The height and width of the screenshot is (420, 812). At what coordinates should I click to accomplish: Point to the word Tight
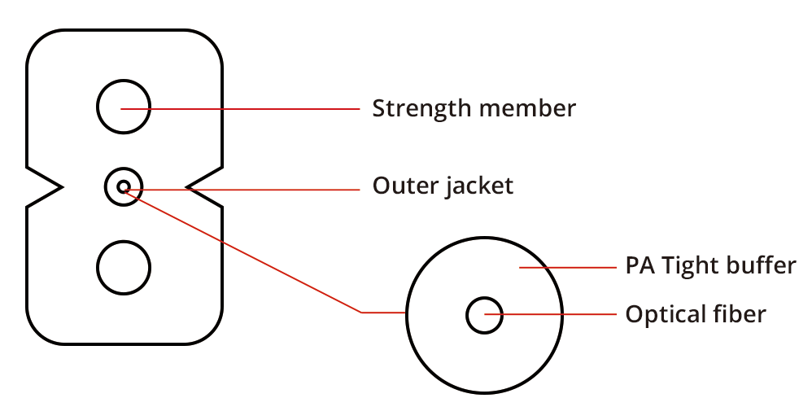click(x=688, y=266)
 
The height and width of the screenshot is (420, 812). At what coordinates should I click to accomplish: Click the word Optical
click(x=661, y=314)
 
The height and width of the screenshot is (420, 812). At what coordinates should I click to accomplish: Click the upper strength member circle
click(x=124, y=107)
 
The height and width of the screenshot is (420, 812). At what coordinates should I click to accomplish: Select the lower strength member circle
click(x=124, y=267)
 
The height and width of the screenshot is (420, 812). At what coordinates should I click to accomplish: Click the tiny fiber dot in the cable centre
click(x=123, y=187)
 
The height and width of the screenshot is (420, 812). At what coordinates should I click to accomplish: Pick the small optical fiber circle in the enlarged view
click(x=484, y=314)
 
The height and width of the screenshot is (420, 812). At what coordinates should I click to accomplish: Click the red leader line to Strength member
click(x=244, y=108)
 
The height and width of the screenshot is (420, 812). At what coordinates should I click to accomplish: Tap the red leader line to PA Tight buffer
click(x=570, y=267)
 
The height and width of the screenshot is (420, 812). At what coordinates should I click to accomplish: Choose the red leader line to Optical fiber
click(x=553, y=314)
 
